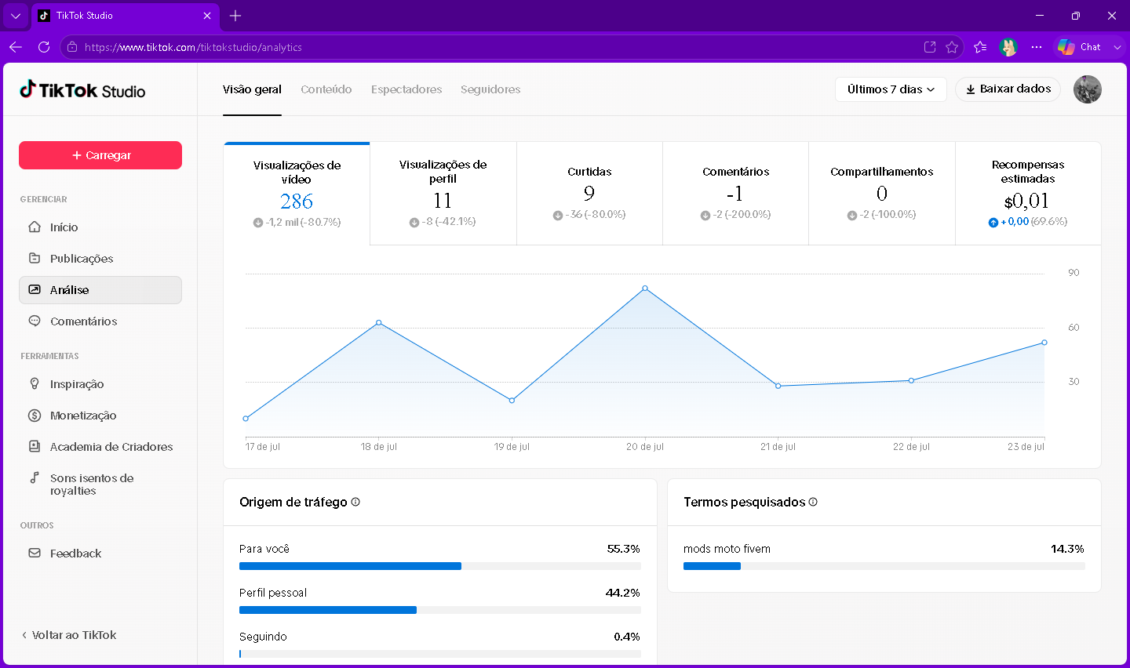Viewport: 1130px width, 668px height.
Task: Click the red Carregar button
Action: click(x=100, y=155)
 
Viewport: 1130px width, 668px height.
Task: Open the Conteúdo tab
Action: click(x=326, y=89)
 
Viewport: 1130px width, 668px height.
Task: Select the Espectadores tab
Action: click(x=406, y=89)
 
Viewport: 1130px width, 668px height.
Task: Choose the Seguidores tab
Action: click(x=490, y=89)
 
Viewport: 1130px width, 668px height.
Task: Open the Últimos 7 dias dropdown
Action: click(x=891, y=89)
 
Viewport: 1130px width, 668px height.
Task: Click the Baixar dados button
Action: click(x=1008, y=89)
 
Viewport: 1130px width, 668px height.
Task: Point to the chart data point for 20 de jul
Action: click(x=645, y=289)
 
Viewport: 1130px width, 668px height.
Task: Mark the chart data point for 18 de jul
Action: click(x=379, y=323)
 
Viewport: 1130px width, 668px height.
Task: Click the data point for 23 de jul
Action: click(x=1044, y=343)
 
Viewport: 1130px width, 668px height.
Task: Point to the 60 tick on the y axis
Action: click(x=1073, y=328)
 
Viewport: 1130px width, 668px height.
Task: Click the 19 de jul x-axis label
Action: click(x=512, y=447)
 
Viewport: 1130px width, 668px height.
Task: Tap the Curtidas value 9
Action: click(x=589, y=193)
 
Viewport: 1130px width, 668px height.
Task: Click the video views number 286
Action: click(x=297, y=201)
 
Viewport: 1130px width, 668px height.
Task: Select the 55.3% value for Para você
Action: click(x=624, y=549)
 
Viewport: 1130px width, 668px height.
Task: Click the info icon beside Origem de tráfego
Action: click(x=355, y=502)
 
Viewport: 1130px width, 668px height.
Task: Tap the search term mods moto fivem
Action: click(x=727, y=549)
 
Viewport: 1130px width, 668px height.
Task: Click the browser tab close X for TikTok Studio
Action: click(x=207, y=16)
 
